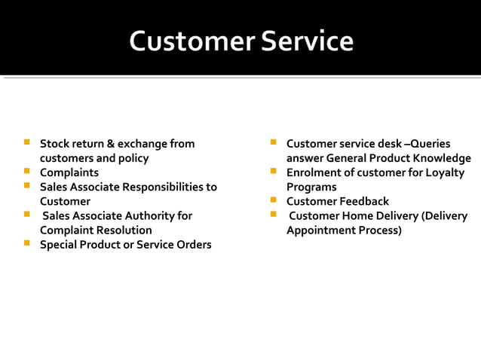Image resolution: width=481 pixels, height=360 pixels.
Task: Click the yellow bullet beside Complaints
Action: point(27,172)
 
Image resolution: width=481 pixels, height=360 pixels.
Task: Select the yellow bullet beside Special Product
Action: point(27,243)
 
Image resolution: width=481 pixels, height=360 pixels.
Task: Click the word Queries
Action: point(430,143)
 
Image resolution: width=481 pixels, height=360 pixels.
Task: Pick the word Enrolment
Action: point(313,172)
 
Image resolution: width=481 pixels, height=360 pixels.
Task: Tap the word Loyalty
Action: point(444,172)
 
